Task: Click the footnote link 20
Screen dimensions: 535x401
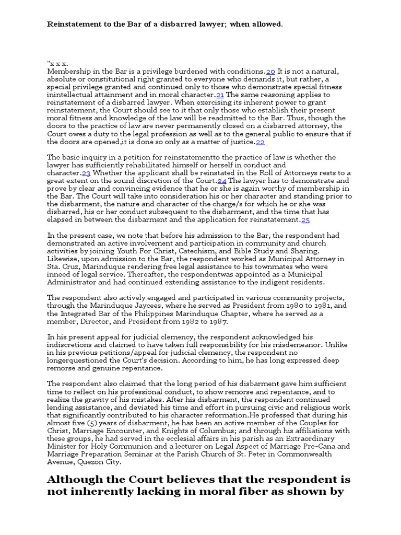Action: (270, 72)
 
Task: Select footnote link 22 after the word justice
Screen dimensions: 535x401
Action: (260, 142)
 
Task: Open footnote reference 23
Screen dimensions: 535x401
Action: (86, 173)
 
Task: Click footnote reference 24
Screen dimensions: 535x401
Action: (221, 181)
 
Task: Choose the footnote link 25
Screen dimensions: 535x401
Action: (305, 220)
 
